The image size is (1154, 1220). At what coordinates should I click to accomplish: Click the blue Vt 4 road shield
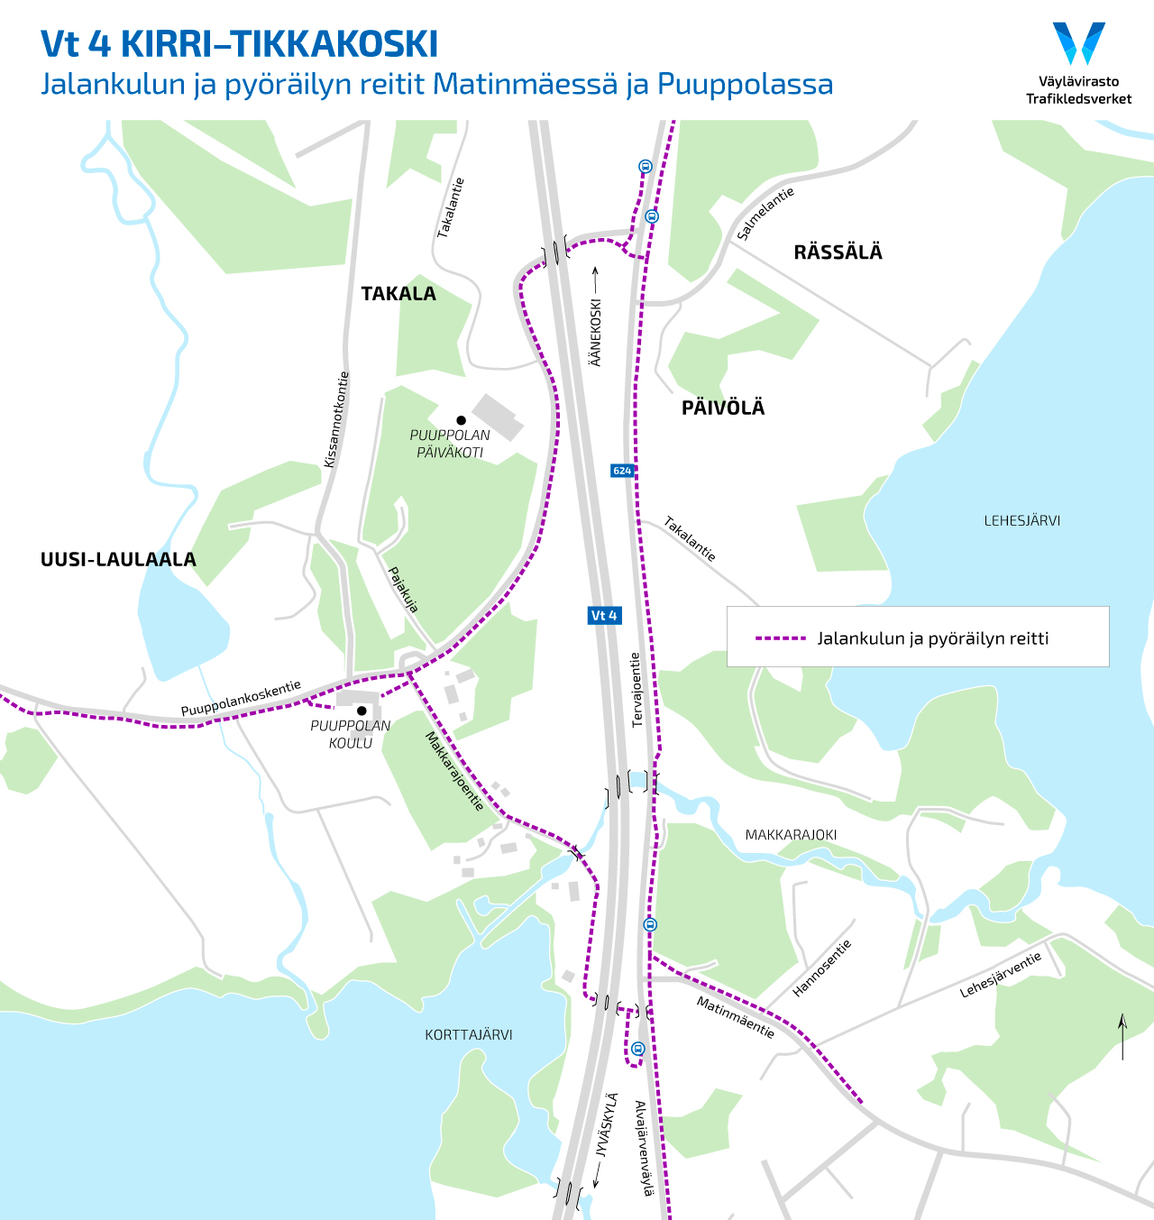point(604,616)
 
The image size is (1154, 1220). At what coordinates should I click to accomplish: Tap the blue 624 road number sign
point(622,471)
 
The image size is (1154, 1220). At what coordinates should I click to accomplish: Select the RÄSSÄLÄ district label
point(838,252)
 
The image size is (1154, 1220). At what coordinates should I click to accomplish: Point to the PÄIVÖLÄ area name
point(723,408)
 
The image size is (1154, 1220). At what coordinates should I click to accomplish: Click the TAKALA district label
point(398,294)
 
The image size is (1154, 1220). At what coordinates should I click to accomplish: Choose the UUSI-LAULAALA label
point(118,560)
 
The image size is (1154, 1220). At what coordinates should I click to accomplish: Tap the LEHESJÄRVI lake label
point(1021,520)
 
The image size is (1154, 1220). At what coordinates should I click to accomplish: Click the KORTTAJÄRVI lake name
point(469,1035)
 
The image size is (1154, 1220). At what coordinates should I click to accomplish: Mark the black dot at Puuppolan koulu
point(362,711)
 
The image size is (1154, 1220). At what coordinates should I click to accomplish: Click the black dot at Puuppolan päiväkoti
point(461,420)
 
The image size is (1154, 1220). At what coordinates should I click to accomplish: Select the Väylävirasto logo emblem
point(1078,43)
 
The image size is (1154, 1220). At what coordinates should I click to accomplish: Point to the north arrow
point(1122,1037)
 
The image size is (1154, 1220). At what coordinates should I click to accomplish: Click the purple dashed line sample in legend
point(780,638)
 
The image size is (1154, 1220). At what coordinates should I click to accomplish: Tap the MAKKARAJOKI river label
point(791,835)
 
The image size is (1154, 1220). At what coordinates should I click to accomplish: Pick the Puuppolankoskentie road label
point(241,699)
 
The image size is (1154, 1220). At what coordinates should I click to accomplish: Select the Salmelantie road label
point(765,214)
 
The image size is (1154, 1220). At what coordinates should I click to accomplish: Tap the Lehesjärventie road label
point(1001,975)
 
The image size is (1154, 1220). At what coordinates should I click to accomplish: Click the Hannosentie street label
point(821,968)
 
